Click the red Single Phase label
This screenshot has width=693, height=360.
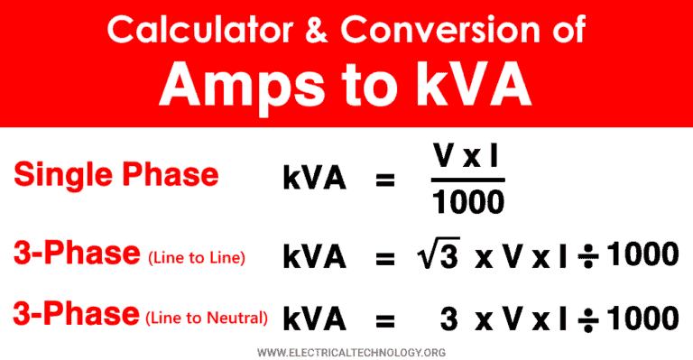(116, 173)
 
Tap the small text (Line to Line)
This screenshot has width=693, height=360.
(195, 259)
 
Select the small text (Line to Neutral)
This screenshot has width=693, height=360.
(207, 318)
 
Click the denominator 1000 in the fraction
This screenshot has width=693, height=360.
(467, 204)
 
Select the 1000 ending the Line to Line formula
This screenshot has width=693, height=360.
(642, 255)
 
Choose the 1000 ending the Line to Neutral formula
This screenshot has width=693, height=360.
(642, 318)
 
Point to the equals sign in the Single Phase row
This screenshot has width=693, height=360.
(385, 180)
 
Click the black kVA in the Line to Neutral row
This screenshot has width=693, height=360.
(315, 318)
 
